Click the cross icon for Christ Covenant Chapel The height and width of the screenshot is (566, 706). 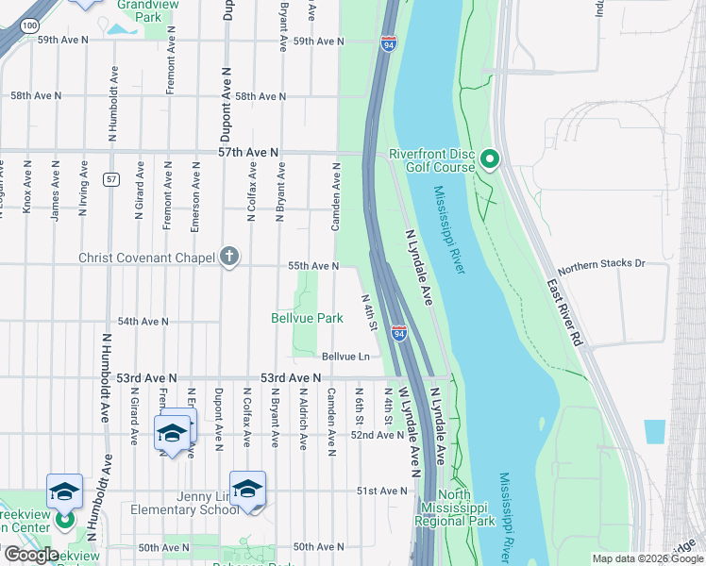(x=228, y=257)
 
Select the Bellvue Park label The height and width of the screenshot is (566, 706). (x=307, y=319)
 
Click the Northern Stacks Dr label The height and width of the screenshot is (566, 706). (x=601, y=266)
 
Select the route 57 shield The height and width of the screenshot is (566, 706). (x=111, y=179)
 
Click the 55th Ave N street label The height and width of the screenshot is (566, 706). (x=313, y=267)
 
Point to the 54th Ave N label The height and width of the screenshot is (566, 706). (x=143, y=322)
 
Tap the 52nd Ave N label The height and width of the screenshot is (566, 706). (x=376, y=435)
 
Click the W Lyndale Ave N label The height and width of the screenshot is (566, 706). (x=408, y=429)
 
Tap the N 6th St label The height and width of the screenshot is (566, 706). (x=360, y=406)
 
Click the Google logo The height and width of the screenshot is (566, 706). (x=31, y=554)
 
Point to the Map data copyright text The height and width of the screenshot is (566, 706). (x=647, y=558)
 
